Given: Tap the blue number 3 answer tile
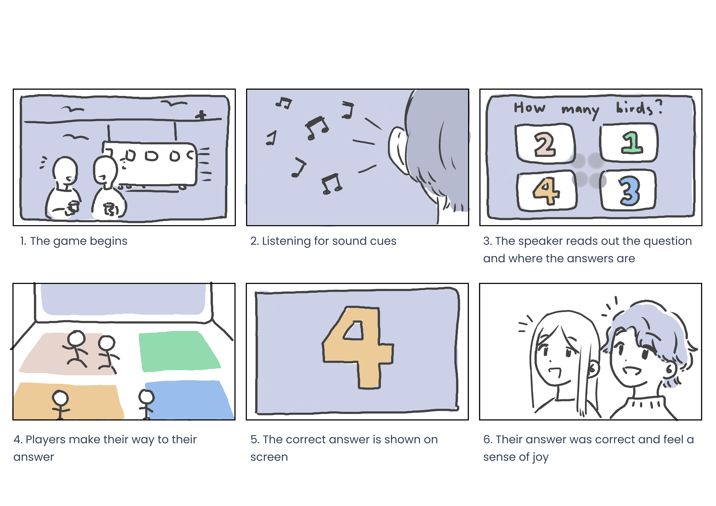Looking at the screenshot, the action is pos(628,190).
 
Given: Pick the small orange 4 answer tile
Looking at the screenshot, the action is pos(547,191).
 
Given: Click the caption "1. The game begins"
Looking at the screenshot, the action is pos(74,241).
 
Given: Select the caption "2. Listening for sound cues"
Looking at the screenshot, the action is pos(323,241).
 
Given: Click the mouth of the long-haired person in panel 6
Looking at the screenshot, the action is pos(554,371).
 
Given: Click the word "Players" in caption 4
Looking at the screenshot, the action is pos(45,439).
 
